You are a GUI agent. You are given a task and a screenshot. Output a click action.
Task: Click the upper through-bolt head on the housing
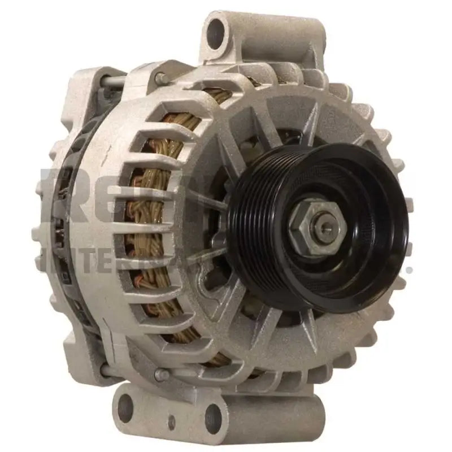(160, 77)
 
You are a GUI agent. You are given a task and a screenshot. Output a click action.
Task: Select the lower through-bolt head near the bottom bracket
(160, 373)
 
